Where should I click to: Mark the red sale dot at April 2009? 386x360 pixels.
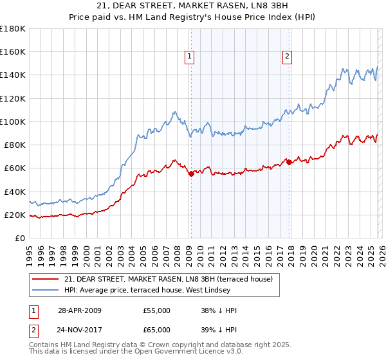[191, 174]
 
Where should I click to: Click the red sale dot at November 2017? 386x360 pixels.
[289, 162]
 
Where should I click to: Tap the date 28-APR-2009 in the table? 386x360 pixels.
[79, 310]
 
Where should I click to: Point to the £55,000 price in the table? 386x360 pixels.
[157, 310]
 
